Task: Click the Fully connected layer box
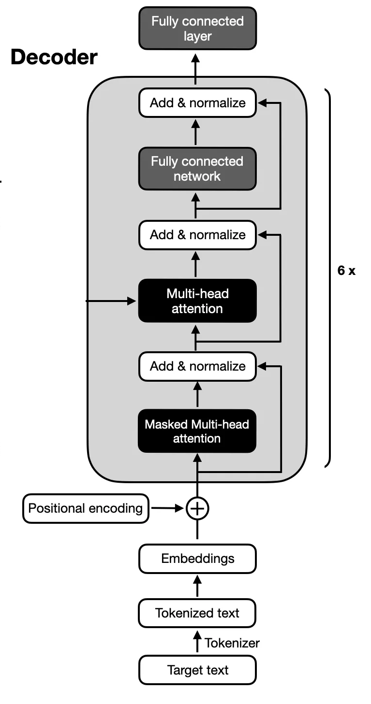[197, 29]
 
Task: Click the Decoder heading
[54, 57]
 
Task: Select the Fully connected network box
[197, 169]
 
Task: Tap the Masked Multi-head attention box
[197, 431]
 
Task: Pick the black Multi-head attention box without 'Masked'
[197, 301]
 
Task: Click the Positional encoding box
[86, 508]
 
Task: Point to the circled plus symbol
[197, 508]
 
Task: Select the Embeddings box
[197, 559]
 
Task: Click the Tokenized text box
[197, 613]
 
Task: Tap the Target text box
[197, 670]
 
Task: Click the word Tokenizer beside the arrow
[232, 643]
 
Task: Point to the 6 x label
[346, 271]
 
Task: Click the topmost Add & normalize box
[197, 102]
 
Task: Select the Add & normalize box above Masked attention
[197, 366]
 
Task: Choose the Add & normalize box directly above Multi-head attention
[197, 235]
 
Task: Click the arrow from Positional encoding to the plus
[167, 508]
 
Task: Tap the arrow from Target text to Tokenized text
[197, 643]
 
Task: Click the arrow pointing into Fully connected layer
[195, 68]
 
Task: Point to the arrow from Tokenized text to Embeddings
[197, 586]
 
